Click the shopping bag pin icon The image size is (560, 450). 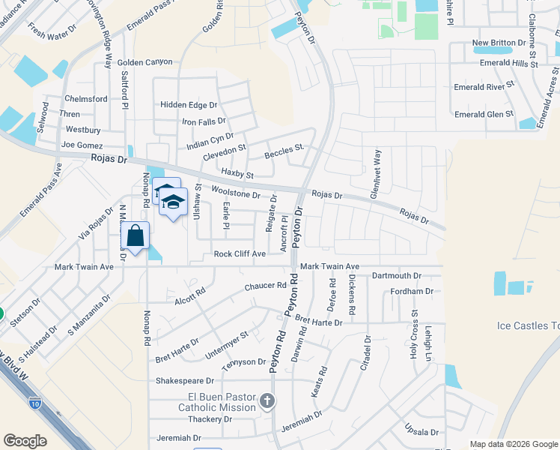point(135,235)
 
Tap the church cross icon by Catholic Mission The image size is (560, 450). point(267,401)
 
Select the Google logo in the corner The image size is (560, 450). point(25,441)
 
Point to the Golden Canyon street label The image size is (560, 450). point(144,62)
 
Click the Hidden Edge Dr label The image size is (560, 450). point(189,106)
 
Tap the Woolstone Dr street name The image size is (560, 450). point(236,194)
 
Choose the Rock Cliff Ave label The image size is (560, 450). point(240,254)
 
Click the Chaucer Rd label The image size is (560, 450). point(266,286)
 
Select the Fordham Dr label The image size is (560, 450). point(412,291)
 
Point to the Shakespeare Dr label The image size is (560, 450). point(185,381)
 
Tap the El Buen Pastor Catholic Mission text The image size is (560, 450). point(216,402)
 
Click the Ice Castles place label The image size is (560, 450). point(528,325)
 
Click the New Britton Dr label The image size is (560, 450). point(500,43)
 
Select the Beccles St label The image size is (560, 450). point(284,155)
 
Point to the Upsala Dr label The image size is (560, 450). point(421,432)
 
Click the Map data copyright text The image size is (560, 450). point(513,444)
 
